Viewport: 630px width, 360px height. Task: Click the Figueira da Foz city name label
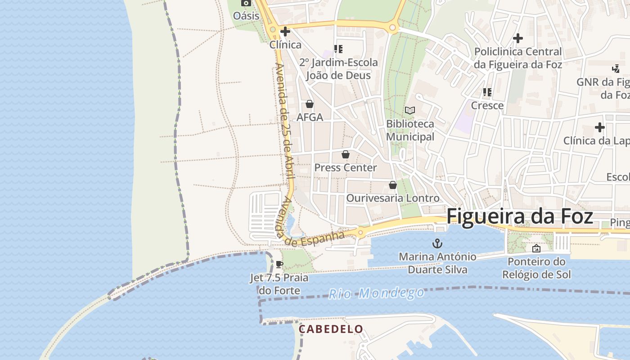(x=520, y=216)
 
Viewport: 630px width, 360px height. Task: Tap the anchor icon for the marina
(x=437, y=244)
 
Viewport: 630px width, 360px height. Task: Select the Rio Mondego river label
(x=376, y=293)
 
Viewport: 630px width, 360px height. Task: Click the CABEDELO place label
(x=331, y=329)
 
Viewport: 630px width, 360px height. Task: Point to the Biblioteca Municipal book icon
(x=409, y=110)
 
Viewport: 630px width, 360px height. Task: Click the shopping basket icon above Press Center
(x=346, y=154)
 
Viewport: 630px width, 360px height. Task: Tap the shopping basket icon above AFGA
(x=310, y=104)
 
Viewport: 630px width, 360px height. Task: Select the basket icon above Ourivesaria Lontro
(x=393, y=185)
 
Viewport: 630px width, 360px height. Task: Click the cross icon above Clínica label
(x=285, y=31)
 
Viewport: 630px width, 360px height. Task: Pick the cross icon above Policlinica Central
(x=518, y=38)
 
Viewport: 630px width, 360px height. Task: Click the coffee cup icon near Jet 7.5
(x=279, y=265)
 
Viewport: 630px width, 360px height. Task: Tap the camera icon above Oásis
(x=246, y=3)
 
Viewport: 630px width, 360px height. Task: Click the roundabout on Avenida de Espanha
(x=360, y=233)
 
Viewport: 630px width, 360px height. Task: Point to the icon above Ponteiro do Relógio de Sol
(x=536, y=248)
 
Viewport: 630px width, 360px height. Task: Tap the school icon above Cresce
(x=487, y=92)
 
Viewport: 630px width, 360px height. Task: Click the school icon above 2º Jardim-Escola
(x=338, y=49)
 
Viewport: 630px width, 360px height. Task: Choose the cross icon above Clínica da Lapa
(x=599, y=127)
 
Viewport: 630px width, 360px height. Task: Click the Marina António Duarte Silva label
(x=437, y=263)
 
